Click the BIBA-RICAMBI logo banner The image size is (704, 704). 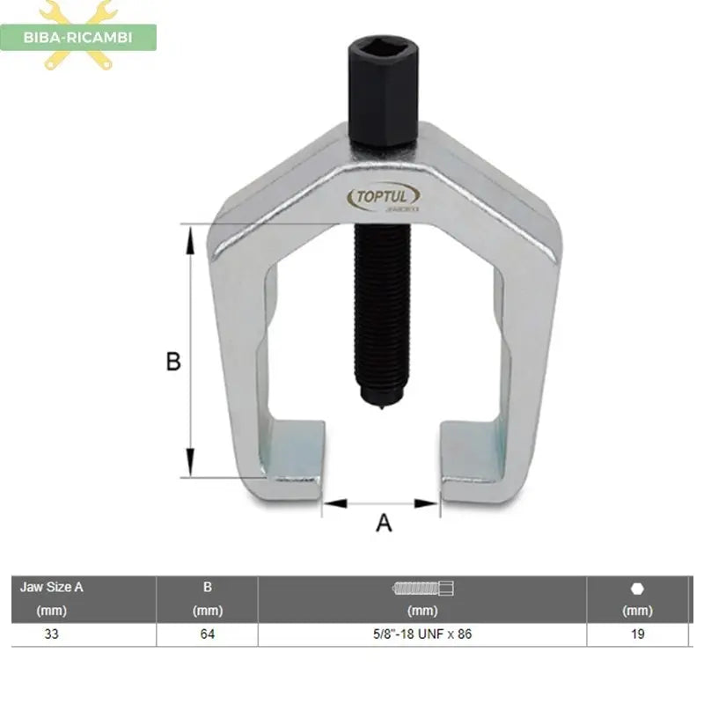tap(79, 37)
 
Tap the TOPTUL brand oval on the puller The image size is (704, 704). tap(385, 196)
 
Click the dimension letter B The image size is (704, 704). tap(174, 362)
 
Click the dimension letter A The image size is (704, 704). tap(384, 523)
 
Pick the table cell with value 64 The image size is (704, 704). tap(207, 634)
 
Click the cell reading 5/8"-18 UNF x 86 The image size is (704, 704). tap(422, 634)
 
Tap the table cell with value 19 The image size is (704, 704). tap(637, 634)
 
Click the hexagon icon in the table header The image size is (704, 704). tap(637, 589)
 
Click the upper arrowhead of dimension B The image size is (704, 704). tap(189, 233)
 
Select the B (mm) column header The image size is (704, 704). tap(207, 598)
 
